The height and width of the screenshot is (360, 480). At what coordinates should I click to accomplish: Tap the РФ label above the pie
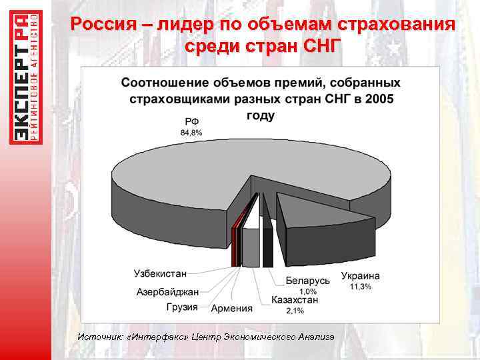[191, 121]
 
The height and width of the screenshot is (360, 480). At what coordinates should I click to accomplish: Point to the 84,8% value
[191, 133]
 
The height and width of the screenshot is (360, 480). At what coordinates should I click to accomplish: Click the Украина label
[360, 276]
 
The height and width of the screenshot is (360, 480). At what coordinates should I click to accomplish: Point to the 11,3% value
[361, 287]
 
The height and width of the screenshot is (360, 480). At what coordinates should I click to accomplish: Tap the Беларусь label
[307, 281]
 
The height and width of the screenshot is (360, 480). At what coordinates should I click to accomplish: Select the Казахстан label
[295, 301]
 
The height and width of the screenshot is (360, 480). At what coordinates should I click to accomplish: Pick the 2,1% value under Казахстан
[295, 311]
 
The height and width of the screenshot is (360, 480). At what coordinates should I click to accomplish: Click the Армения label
[231, 308]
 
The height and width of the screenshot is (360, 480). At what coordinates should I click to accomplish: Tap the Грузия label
[182, 307]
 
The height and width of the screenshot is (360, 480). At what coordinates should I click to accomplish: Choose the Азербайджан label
[167, 292]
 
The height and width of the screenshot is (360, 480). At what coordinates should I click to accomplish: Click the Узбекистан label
[160, 273]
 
